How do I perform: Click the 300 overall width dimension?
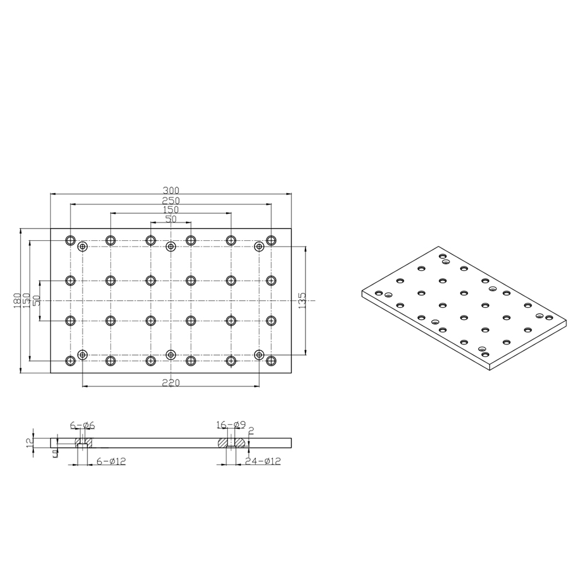[171, 190]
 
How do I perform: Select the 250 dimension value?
[171, 200]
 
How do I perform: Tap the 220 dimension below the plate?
[171, 382]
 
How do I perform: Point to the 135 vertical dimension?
[302, 301]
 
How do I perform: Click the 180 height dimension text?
[18, 300]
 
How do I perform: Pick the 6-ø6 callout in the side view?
[82, 424]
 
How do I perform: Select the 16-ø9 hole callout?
[230, 424]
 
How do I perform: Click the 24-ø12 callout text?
[263, 461]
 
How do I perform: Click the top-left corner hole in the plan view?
[71, 240]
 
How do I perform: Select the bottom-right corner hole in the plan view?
[271, 361]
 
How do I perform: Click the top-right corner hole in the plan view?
[271, 240]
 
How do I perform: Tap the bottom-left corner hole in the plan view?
[71, 361]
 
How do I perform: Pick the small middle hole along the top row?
[171, 247]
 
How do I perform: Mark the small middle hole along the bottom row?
[171, 354]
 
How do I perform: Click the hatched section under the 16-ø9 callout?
[224, 442]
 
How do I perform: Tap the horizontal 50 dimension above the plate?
[171, 219]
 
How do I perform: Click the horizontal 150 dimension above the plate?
[171, 210]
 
